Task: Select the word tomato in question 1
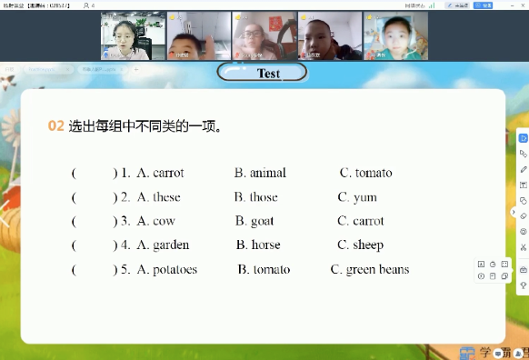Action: (374, 173)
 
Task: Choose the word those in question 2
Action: (263, 197)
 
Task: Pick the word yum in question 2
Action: (364, 197)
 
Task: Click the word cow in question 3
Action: (164, 221)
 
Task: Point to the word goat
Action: (262, 221)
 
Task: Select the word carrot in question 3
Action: (368, 221)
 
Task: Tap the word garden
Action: (171, 245)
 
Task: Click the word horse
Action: (265, 245)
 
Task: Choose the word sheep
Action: (368, 245)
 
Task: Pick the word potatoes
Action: (175, 270)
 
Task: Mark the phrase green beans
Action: (377, 270)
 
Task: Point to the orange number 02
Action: (56, 126)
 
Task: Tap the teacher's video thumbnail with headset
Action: (125, 36)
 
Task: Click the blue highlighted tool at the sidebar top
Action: (523, 138)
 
